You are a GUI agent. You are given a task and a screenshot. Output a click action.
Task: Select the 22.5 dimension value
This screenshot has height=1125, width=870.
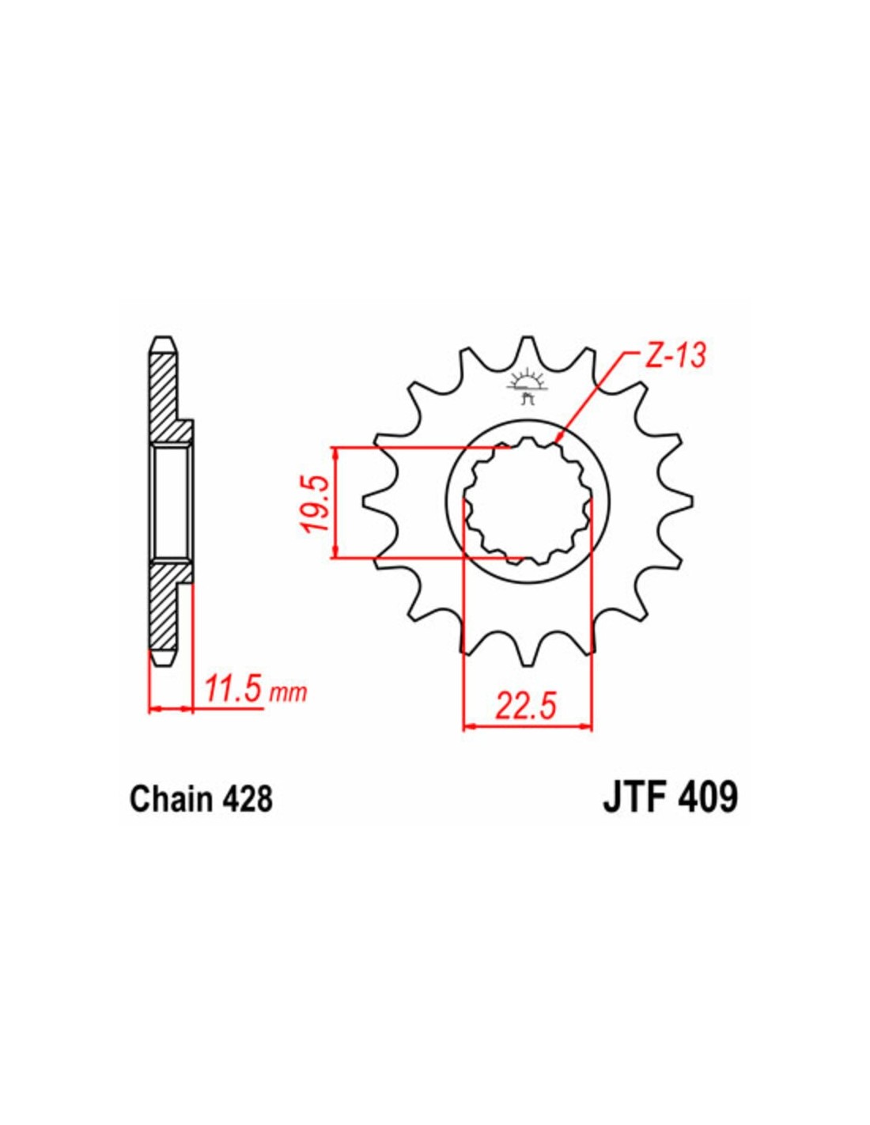[x=526, y=708]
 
